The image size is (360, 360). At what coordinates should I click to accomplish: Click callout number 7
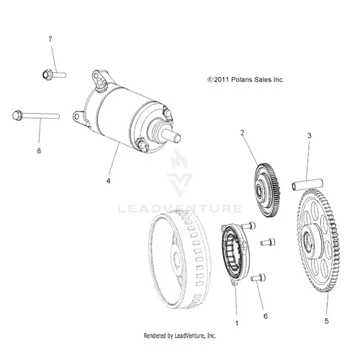(x=50, y=39)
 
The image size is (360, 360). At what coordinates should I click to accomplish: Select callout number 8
(x=39, y=151)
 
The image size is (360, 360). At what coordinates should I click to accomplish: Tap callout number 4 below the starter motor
(x=109, y=181)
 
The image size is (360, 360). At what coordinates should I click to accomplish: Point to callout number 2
(x=242, y=132)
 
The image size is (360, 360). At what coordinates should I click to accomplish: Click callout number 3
(x=310, y=135)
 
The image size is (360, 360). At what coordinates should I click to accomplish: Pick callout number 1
(x=237, y=323)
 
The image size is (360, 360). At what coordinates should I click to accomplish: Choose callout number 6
(x=266, y=316)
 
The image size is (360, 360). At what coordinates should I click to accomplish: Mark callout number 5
(x=326, y=321)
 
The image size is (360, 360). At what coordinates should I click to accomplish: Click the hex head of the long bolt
(x=17, y=115)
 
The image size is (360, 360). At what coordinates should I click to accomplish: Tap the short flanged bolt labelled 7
(x=54, y=74)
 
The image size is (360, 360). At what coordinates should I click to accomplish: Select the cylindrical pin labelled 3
(x=307, y=184)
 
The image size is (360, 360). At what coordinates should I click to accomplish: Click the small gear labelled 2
(x=267, y=190)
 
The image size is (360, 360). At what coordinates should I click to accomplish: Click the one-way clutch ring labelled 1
(x=235, y=254)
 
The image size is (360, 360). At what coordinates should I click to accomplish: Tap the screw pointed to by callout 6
(x=258, y=278)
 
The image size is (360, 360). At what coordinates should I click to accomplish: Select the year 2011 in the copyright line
(x=221, y=80)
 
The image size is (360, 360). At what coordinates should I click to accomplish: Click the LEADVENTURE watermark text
(x=180, y=208)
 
